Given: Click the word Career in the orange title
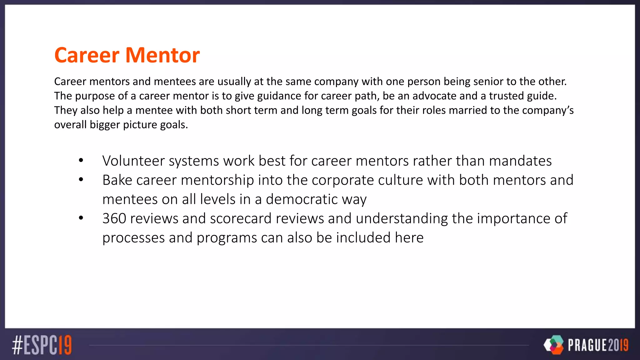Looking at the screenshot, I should [x=87, y=55].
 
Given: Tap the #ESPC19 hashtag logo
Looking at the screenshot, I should [x=42, y=345].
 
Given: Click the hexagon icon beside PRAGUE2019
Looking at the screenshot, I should [x=554, y=345].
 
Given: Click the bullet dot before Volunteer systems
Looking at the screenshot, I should [x=81, y=161].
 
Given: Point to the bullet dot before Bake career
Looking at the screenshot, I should [x=81, y=180].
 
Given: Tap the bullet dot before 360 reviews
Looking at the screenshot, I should [x=81, y=218].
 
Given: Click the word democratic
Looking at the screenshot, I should [x=302, y=199].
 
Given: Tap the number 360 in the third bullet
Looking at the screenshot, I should [x=114, y=218].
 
